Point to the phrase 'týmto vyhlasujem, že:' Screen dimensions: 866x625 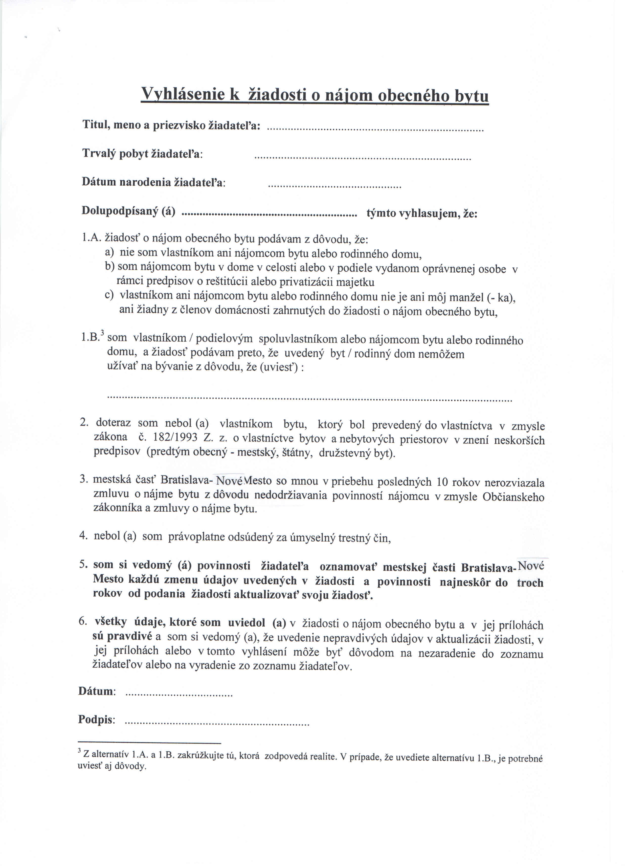[422, 213]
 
